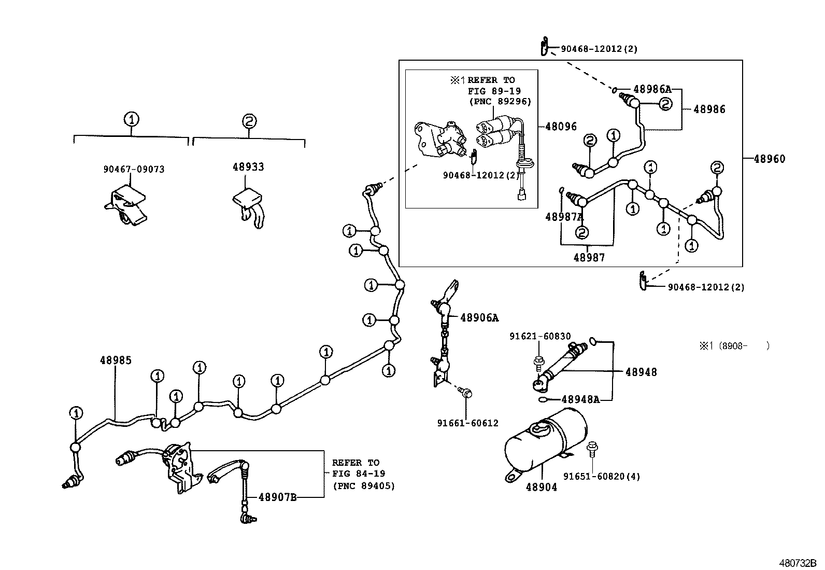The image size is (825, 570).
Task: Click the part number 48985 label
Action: tap(116, 360)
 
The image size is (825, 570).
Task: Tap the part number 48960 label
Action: tap(769, 159)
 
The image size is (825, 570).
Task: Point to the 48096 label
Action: tap(561, 127)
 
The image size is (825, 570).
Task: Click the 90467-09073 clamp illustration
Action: tap(125, 206)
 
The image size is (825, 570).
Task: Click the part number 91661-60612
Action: tap(467, 423)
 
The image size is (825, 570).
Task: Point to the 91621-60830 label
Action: tap(540, 336)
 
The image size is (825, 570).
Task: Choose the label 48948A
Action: tap(580, 399)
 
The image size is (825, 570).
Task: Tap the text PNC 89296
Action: tap(500, 102)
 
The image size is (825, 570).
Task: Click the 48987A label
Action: tap(564, 217)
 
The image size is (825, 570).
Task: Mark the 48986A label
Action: tap(652, 89)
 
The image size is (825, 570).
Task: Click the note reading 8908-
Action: tap(735, 345)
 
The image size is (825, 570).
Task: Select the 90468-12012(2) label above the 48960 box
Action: tap(599, 49)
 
